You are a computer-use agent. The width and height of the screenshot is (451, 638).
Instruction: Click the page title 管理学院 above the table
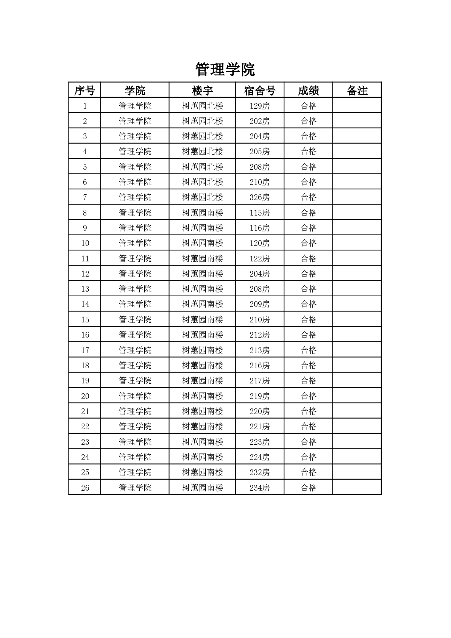coord(225,69)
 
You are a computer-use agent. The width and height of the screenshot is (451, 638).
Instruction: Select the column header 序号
coord(84,91)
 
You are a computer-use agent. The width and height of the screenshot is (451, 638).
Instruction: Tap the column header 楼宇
coord(202,91)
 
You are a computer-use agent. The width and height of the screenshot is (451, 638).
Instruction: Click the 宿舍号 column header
coord(259,91)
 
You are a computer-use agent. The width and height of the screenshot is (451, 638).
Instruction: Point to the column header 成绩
coord(308,91)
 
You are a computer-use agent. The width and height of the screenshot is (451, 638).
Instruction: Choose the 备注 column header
coord(357,91)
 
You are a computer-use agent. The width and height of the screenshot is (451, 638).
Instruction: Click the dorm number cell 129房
coord(259,106)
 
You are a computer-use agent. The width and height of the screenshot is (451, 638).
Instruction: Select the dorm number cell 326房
coord(259,197)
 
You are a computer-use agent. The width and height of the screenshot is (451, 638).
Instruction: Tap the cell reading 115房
coord(259,213)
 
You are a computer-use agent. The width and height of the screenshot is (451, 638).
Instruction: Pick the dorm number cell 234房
coord(259,488)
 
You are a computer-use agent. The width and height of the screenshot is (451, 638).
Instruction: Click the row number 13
coord(85,289)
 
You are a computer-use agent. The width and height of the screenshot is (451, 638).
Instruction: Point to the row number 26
coord(85,488)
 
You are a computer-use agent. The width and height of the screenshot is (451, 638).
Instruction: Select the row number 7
coord(85,197)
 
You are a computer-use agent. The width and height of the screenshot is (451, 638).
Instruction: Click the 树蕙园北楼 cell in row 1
coord(203,106)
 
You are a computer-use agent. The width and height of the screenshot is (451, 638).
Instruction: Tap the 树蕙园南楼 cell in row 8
coord(203,213)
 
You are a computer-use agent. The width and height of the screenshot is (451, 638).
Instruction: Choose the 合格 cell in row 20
coord(308,396)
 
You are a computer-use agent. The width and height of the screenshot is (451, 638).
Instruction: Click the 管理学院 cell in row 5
coord(135,167)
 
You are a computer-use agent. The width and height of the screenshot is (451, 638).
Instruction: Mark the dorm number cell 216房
coord(259,366)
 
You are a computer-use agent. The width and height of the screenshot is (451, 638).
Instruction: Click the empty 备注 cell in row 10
coord(357,243)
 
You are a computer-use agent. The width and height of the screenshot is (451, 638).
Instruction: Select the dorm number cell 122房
coord(259,259)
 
